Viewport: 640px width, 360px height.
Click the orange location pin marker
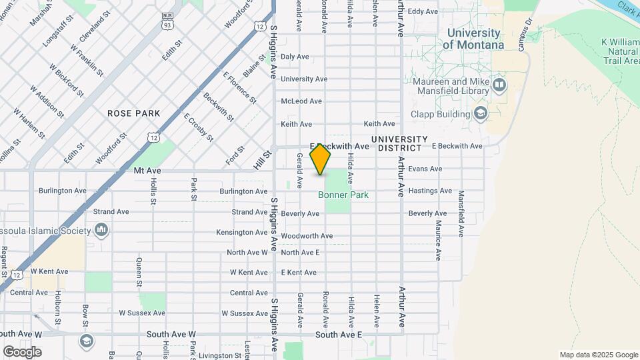coord(321,159)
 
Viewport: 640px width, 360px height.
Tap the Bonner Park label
coord(343,195)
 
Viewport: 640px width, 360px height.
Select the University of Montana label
coord(473,39)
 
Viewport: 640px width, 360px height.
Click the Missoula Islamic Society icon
coord(101,231)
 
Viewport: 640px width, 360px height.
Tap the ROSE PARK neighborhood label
coord(134,113)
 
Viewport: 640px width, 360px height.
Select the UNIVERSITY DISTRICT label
coord(398,143)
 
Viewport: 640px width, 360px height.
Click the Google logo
coord(22,351)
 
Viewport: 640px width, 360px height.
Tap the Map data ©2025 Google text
coord(598,355)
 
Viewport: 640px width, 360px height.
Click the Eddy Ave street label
coord(423,11)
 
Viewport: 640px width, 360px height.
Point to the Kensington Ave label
coord(241,232)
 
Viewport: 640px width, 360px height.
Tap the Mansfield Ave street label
coord(461,213)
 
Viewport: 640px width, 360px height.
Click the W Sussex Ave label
coord(142,313)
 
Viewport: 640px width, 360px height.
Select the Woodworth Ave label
coord(307,236)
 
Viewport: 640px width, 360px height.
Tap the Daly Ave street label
coord(295,57)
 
